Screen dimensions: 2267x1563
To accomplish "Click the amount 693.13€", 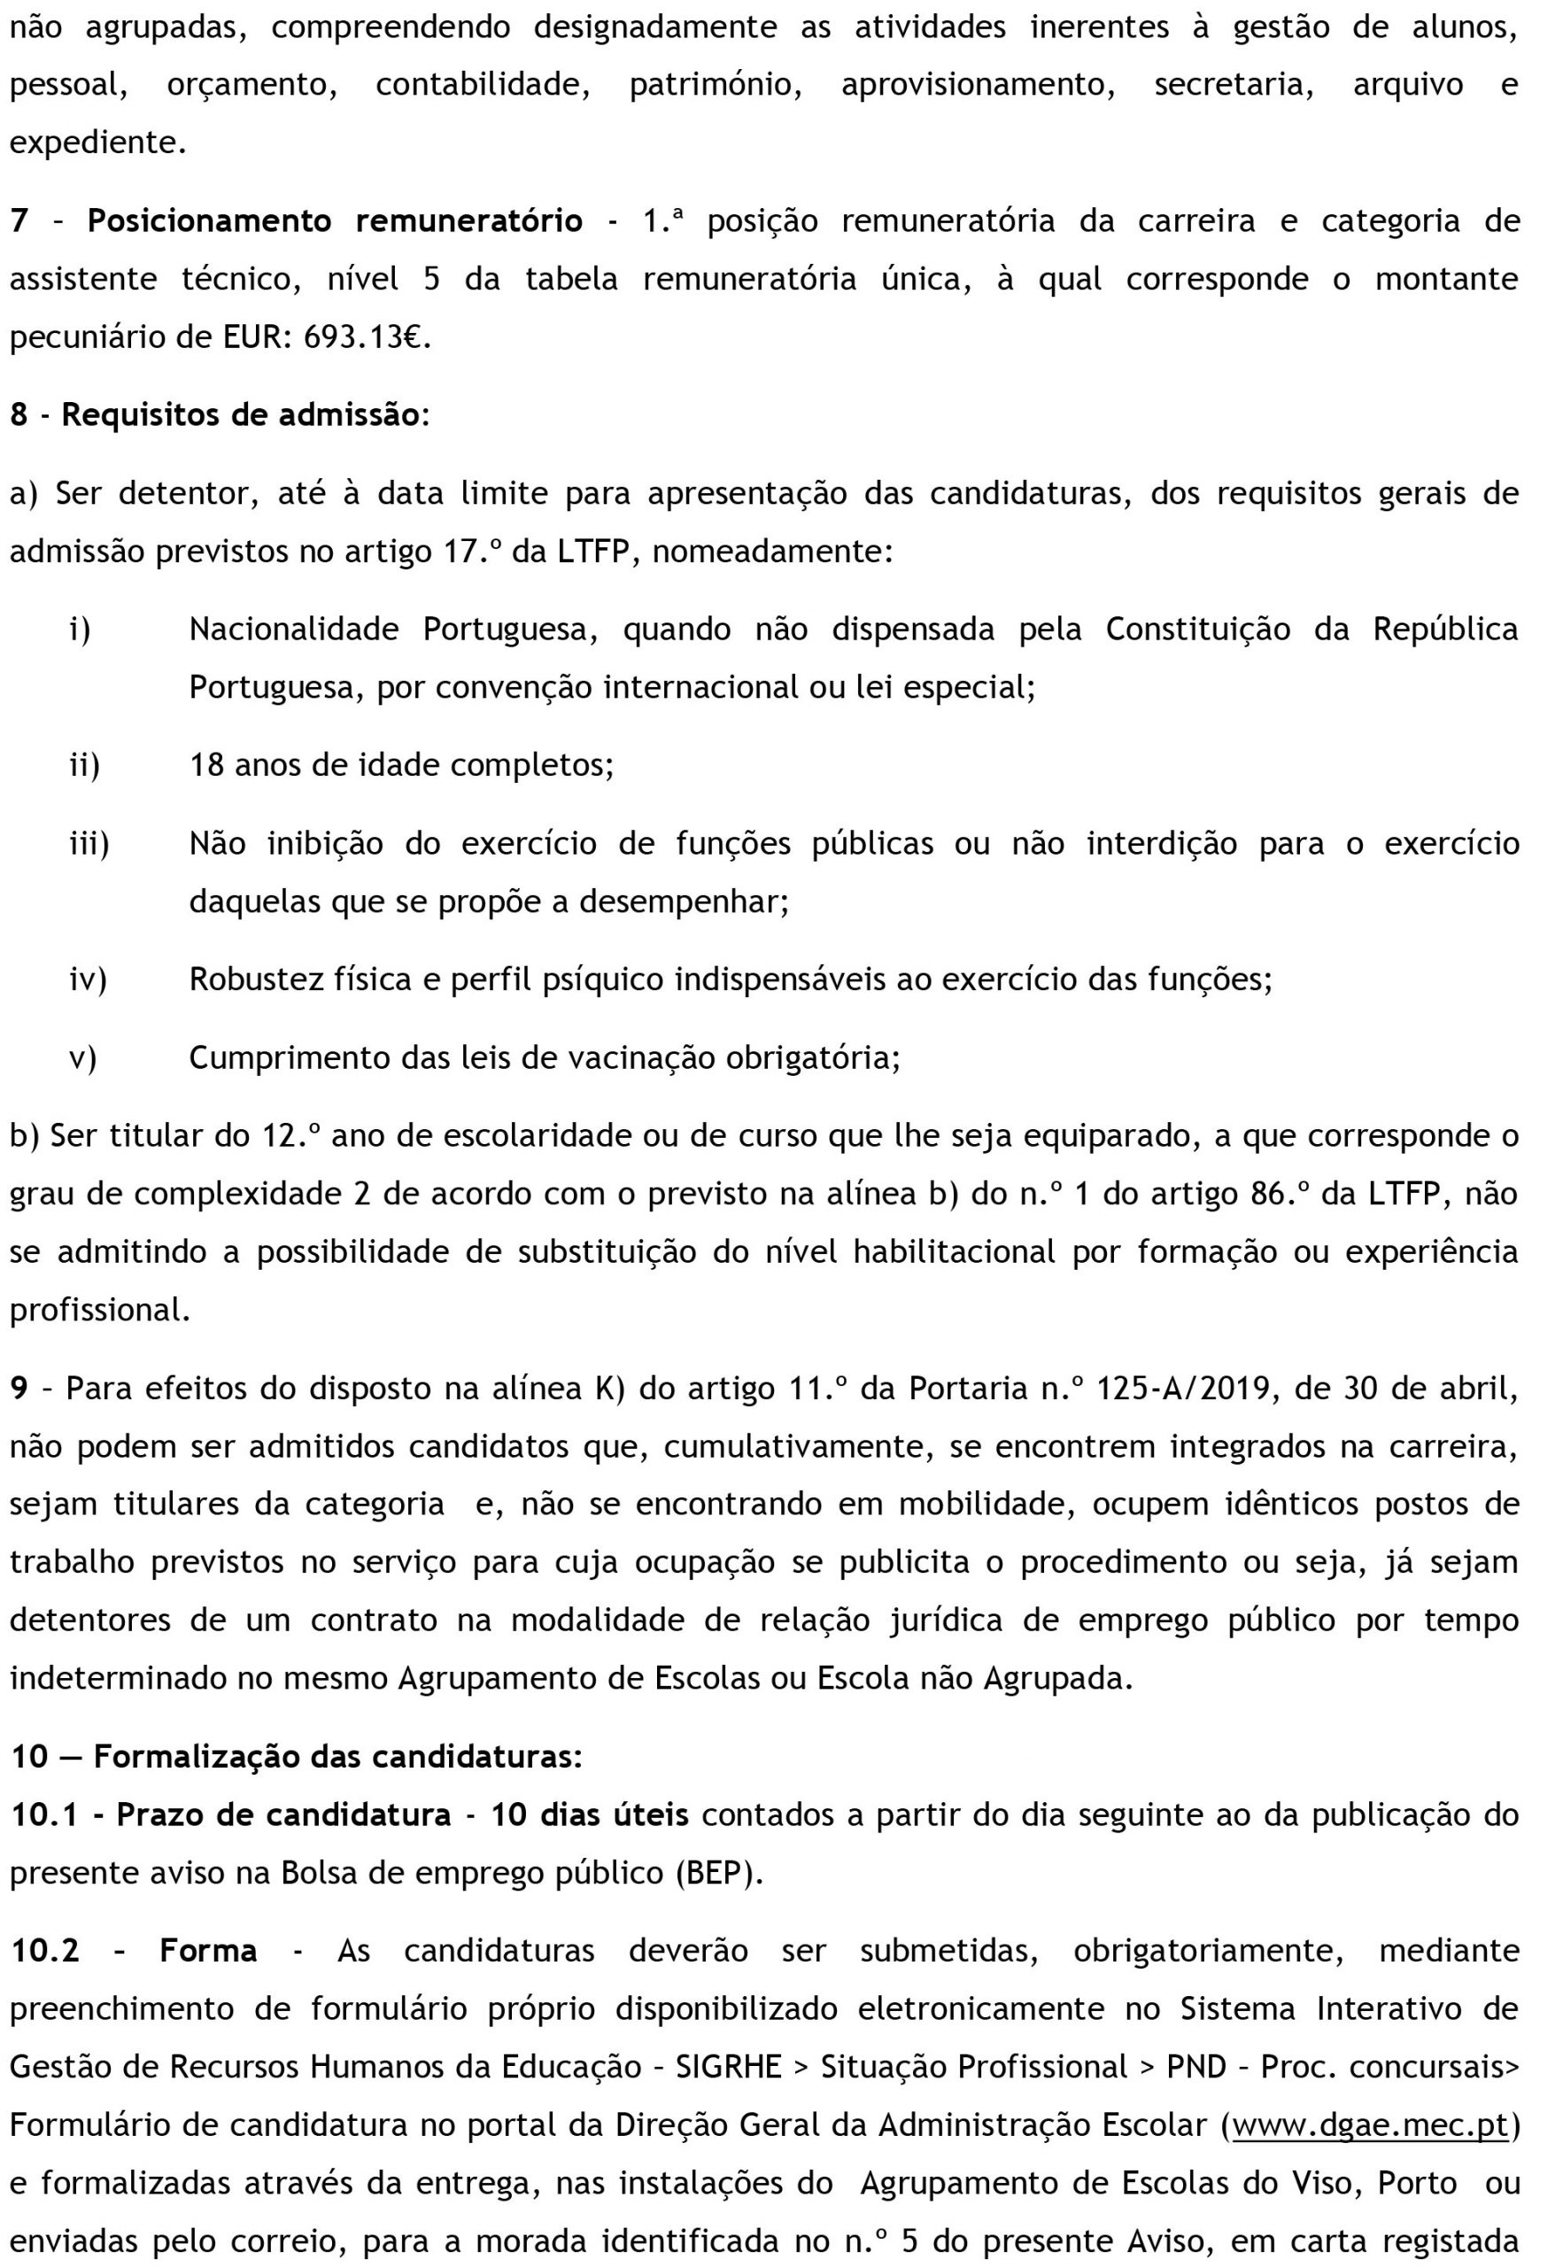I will [x=367, y=338].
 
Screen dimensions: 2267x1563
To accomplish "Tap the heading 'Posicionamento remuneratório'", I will [x=335, y=221].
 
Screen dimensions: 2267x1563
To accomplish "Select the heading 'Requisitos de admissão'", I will [x=240, y=415].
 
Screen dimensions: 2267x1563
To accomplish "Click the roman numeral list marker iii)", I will [x=89, y=844].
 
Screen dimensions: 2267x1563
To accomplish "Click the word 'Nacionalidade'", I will [x=294, y=629].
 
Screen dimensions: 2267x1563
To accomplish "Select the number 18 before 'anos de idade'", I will [x=206, y=765].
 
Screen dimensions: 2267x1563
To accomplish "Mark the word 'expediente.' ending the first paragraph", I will [x=98, y=143].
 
